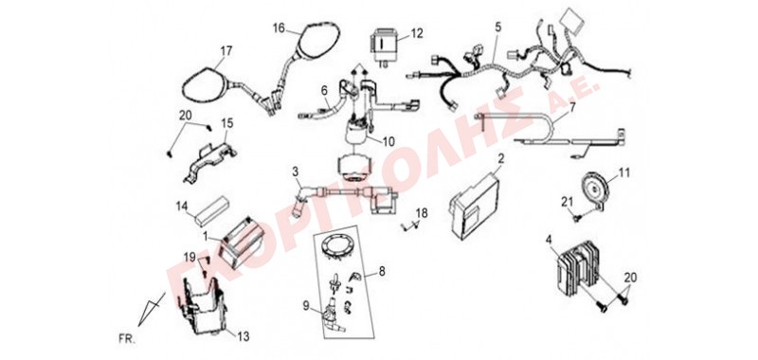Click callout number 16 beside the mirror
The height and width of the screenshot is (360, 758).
(279, 27)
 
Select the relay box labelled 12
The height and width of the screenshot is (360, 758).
(385, 44)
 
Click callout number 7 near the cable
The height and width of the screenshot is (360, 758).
(572, 107)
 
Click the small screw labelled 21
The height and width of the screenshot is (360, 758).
(576, 218)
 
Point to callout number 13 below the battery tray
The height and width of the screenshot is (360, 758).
(244, 336)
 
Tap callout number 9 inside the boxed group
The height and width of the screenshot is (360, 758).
(305, 305)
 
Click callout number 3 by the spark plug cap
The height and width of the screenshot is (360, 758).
(295, 171)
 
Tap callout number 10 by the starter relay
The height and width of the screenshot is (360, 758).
(388, 141)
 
